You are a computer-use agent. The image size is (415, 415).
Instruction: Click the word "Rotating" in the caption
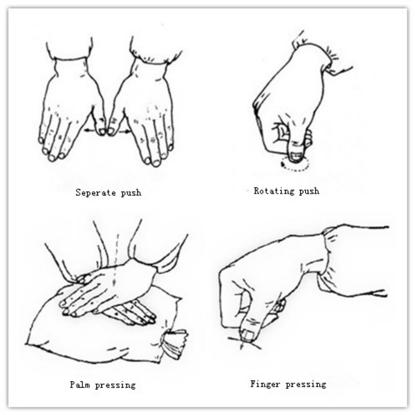pos(274,191)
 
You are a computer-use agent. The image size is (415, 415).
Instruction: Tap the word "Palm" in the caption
pos(80,384)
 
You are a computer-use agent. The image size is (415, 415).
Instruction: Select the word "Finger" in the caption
pos(265,384)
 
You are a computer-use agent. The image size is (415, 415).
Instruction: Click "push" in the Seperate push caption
pos(131,193)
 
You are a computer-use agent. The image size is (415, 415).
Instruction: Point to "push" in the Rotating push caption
pos(309,191)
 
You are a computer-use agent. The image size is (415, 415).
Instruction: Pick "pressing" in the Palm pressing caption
pos(115,385)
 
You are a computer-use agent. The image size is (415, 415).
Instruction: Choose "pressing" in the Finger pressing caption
pos(306,384)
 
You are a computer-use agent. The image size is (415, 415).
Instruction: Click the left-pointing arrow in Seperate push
pos(90,130)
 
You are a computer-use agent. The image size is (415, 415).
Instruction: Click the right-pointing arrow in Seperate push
pos(124,130)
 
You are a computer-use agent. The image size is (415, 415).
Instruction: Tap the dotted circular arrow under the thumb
pos(295,165)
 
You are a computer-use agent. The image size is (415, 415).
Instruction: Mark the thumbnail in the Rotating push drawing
pos(295,157)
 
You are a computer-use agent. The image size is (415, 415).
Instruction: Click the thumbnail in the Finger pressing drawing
pos(247,335)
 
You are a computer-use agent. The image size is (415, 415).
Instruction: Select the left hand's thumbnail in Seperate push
pos(102,131)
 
